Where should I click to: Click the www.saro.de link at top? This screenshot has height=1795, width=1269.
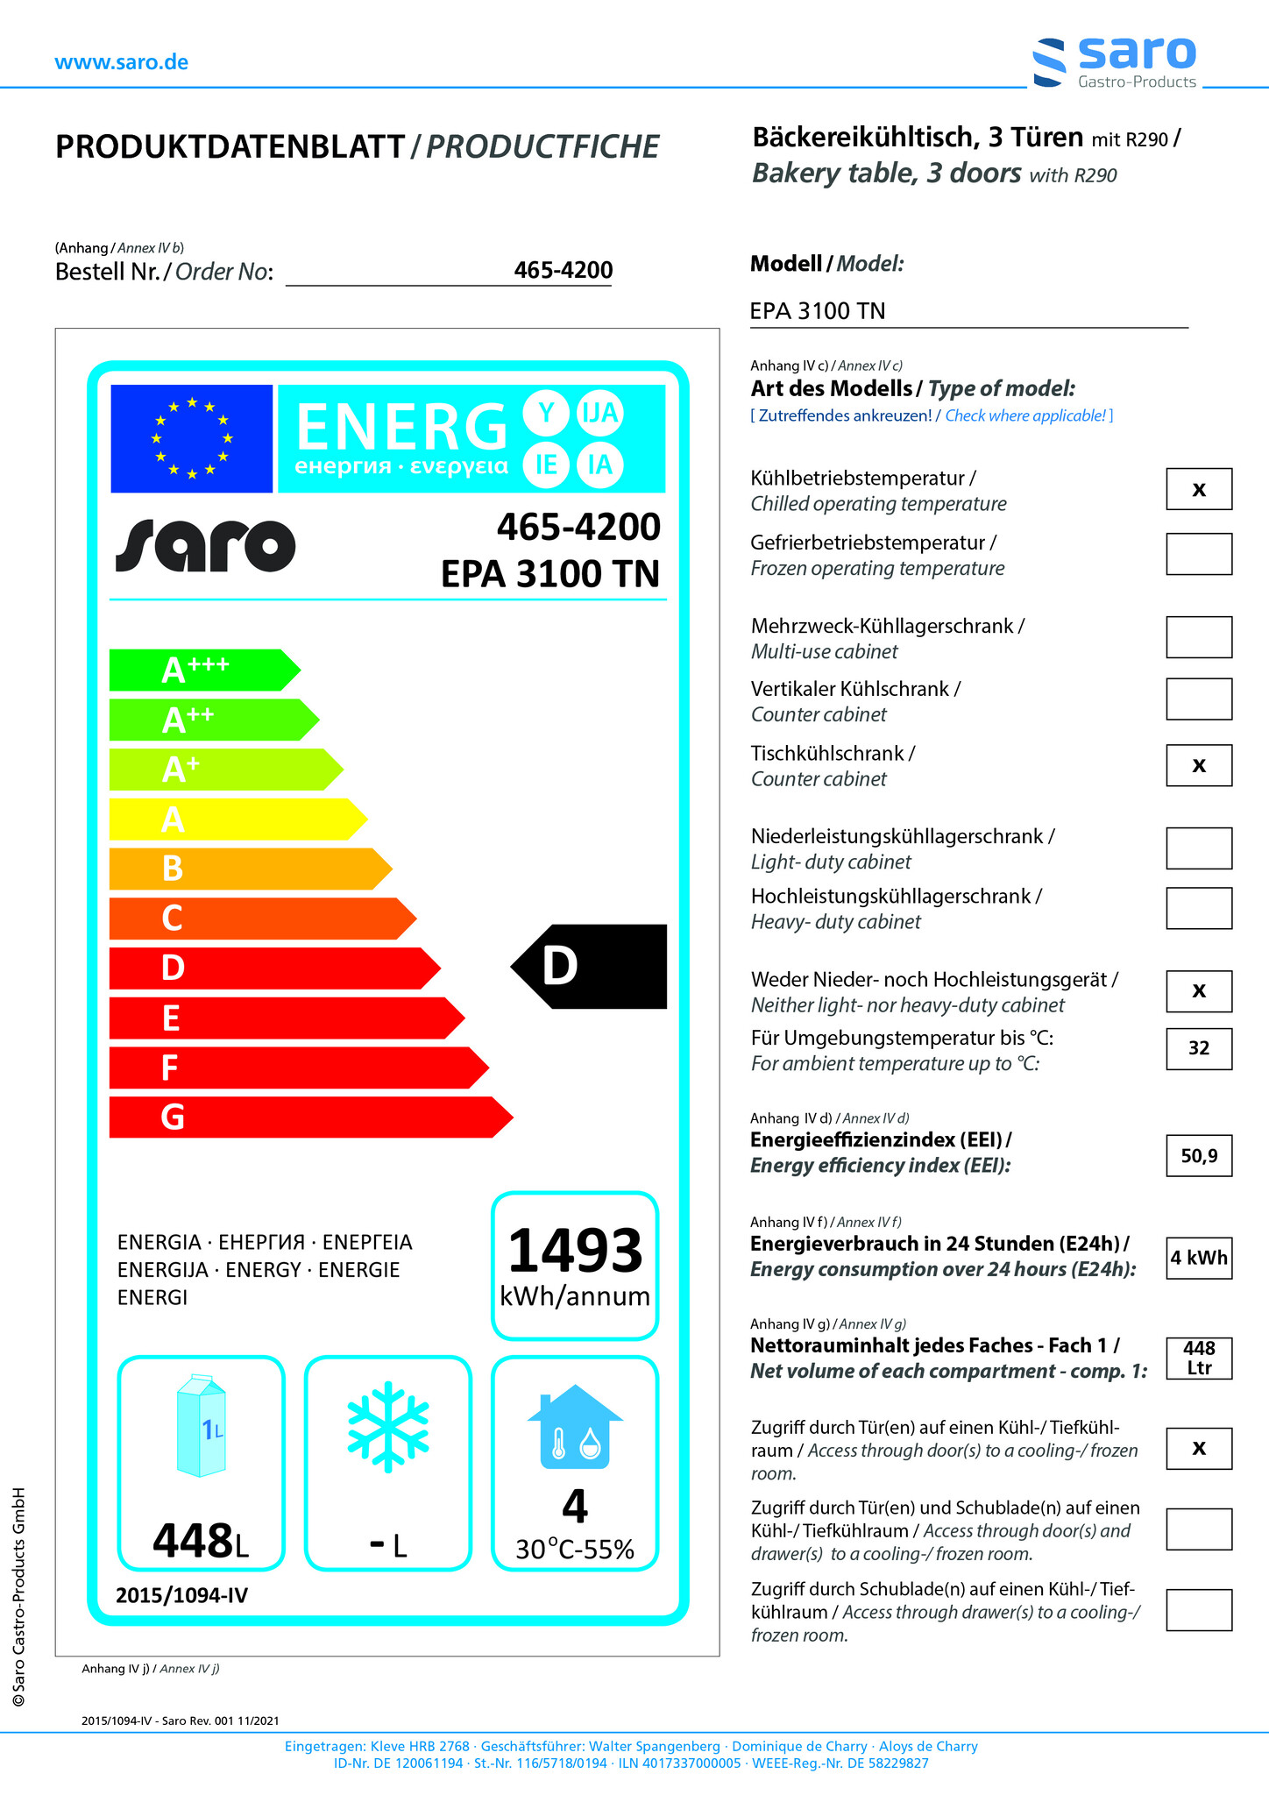121,62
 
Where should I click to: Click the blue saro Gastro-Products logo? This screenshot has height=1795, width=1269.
1115,62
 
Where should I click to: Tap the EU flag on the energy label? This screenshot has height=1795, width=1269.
191,438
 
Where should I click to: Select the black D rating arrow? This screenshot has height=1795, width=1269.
589,966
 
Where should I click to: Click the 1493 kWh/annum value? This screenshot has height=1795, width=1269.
575,1264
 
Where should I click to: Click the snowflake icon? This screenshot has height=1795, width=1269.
388,1426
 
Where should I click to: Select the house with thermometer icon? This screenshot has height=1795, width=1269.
574,1427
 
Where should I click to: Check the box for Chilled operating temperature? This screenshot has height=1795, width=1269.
1198,489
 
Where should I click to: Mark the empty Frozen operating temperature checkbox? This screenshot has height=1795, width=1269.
1198,554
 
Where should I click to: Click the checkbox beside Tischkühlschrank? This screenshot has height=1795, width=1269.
1198,765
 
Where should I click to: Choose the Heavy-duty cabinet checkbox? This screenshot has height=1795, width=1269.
1198,908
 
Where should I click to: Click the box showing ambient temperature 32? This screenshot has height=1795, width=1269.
1198,1048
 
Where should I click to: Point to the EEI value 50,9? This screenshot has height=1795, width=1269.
1198,1155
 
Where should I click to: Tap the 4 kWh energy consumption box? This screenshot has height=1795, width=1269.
1198,1258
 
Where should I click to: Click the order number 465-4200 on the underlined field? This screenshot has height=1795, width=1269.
563,270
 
